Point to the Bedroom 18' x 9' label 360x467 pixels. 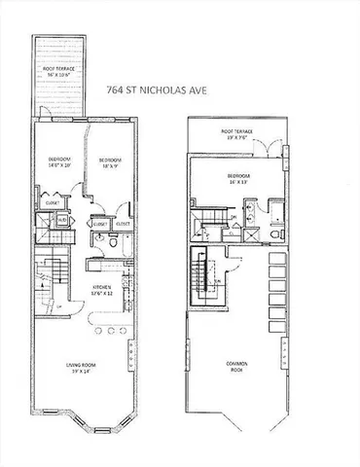click(109, 162)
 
